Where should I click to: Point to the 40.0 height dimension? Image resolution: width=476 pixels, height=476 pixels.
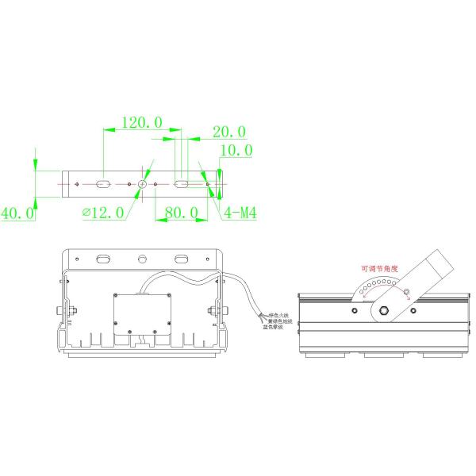tap(17, 213)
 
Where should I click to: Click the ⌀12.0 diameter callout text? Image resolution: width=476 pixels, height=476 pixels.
tap(103, 213)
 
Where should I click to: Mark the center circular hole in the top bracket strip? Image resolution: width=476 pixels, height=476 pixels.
tap(142, 184)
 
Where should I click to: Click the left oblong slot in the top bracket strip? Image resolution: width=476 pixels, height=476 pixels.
tap(103, 184)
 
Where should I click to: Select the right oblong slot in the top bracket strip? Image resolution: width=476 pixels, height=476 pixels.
tap(182, 184)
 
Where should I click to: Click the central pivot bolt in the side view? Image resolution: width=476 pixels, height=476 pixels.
tap(383, 310)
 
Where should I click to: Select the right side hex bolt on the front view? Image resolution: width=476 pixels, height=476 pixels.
tap(214, 309)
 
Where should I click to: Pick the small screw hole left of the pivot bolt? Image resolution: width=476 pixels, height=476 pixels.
tap(349, 310)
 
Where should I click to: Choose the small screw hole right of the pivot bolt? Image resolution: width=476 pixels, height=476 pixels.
tap(417, 310)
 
